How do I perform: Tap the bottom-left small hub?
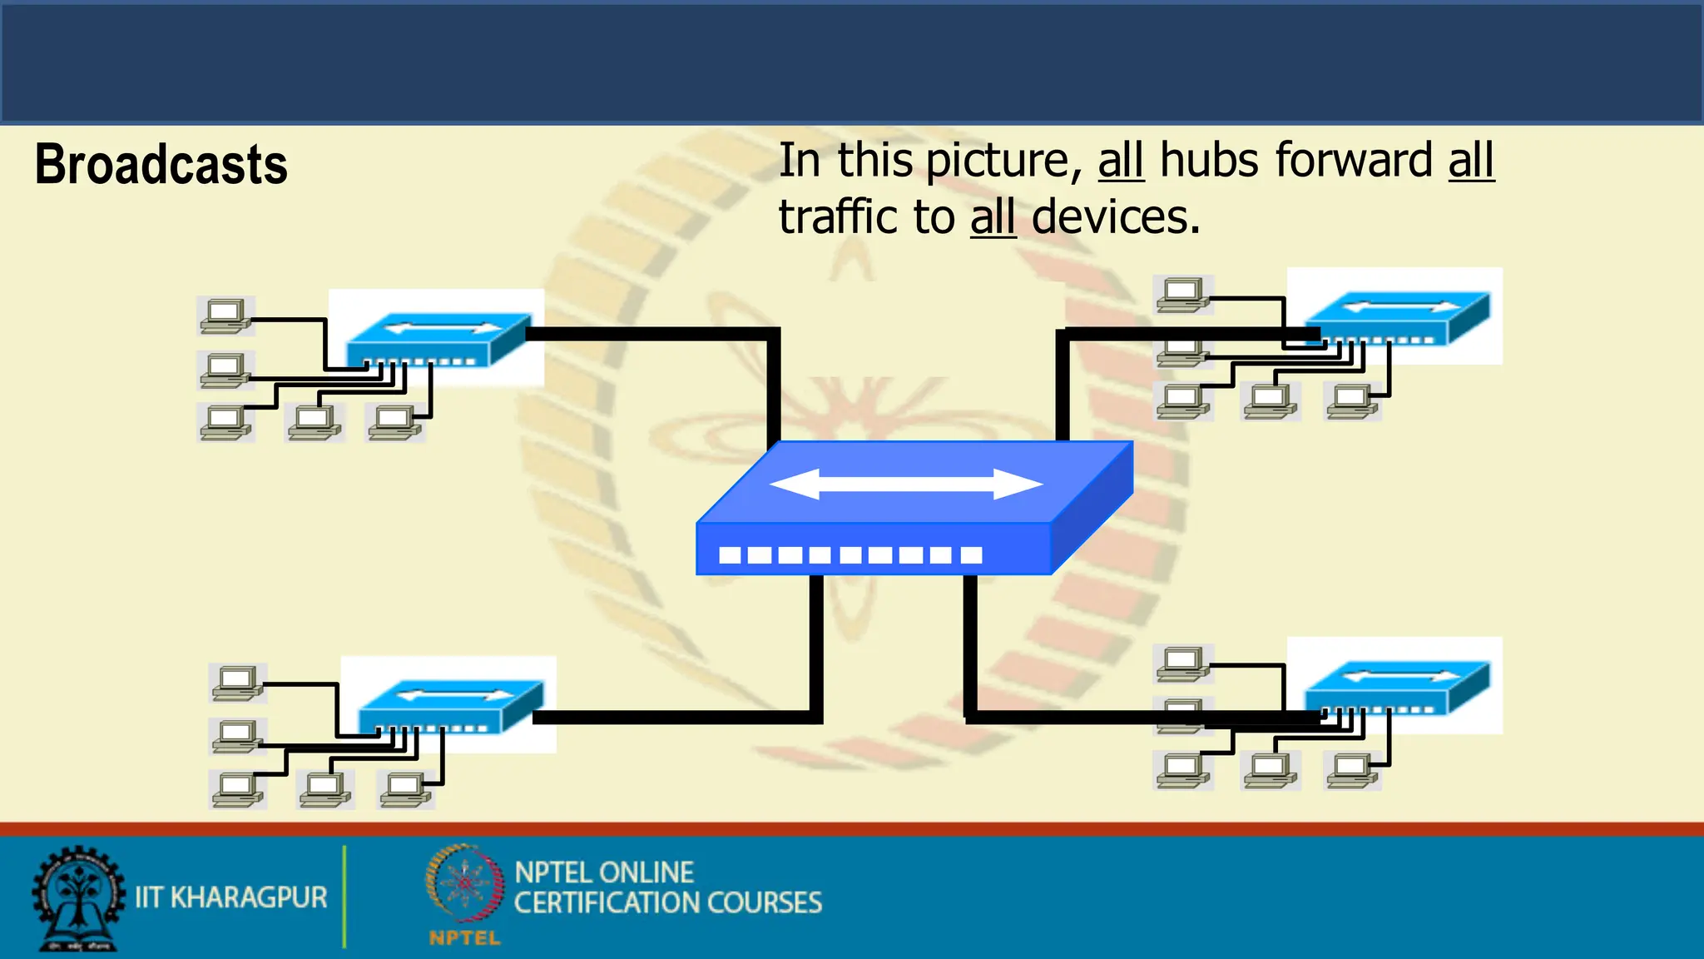point(450,705)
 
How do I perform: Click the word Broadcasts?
point(161,165)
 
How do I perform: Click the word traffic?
point(838,217)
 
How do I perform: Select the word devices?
point(1115,217)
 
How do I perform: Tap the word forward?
point(1354,160)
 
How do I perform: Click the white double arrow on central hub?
point(906,484)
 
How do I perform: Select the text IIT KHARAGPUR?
point(231,897)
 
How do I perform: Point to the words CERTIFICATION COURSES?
point(667,903)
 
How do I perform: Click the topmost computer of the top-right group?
point(1182,294)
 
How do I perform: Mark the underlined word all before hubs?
point(1121,160)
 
